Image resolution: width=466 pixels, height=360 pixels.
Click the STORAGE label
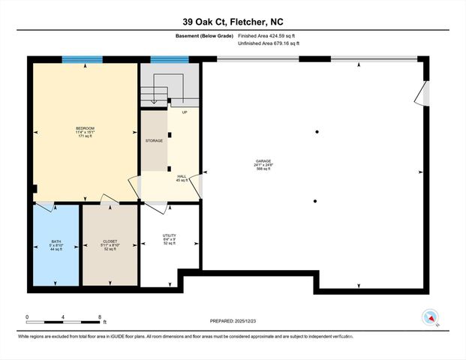[x=154, y=140]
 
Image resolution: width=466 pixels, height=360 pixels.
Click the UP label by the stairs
[x=184, y=112]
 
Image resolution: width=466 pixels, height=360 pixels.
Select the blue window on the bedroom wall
[x=82, y=60]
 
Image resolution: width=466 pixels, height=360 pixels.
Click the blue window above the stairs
[x=169, y=60]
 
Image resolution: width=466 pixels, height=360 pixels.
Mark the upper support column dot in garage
[x=317, y=132]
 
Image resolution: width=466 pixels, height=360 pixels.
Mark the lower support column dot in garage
[x=315, y=200]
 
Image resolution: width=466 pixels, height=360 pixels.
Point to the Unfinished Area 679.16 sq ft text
[x=268, y=43]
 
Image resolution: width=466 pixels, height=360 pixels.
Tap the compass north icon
[x=431, y=317]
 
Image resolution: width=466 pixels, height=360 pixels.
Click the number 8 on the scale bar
[x=99, y=317]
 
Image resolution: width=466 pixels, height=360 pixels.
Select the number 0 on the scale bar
[x=27, y=317]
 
